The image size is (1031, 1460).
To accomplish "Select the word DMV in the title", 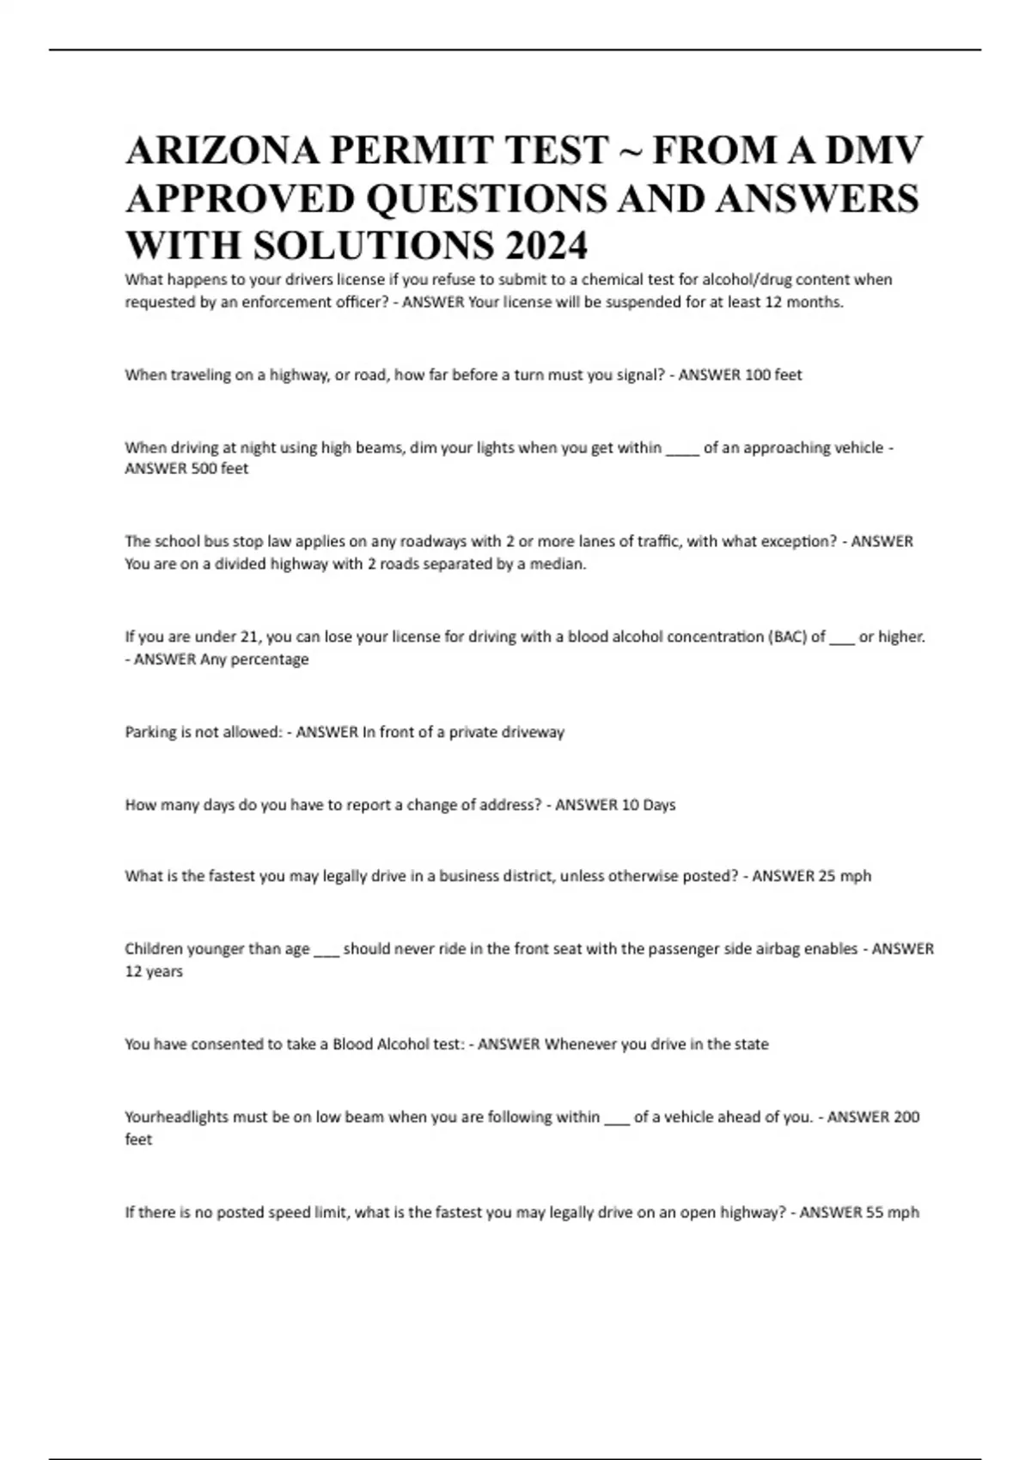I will (874, 150).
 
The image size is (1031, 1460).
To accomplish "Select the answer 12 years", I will (154, 971).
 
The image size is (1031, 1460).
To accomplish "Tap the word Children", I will (155, 949).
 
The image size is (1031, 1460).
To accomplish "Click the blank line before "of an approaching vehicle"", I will (683, 448).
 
